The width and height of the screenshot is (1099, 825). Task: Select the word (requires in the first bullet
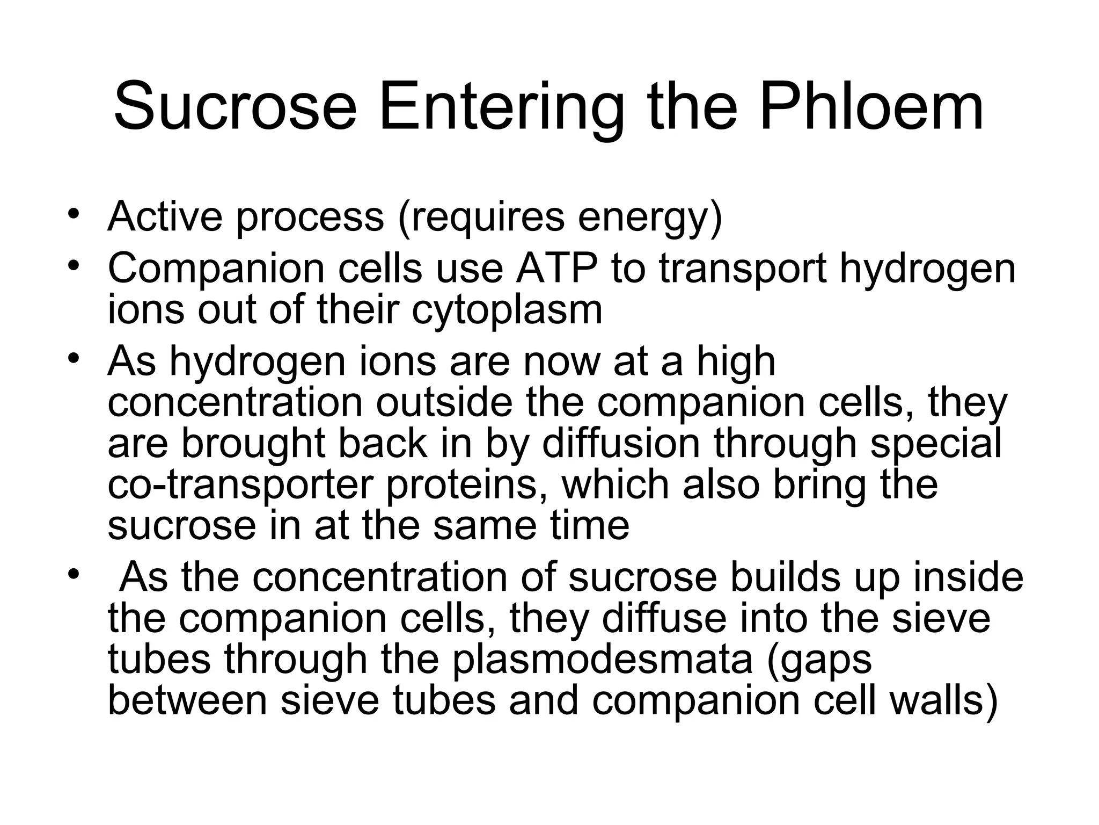(x=481, y=218)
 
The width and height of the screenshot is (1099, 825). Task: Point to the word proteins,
(x=467, y=486)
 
